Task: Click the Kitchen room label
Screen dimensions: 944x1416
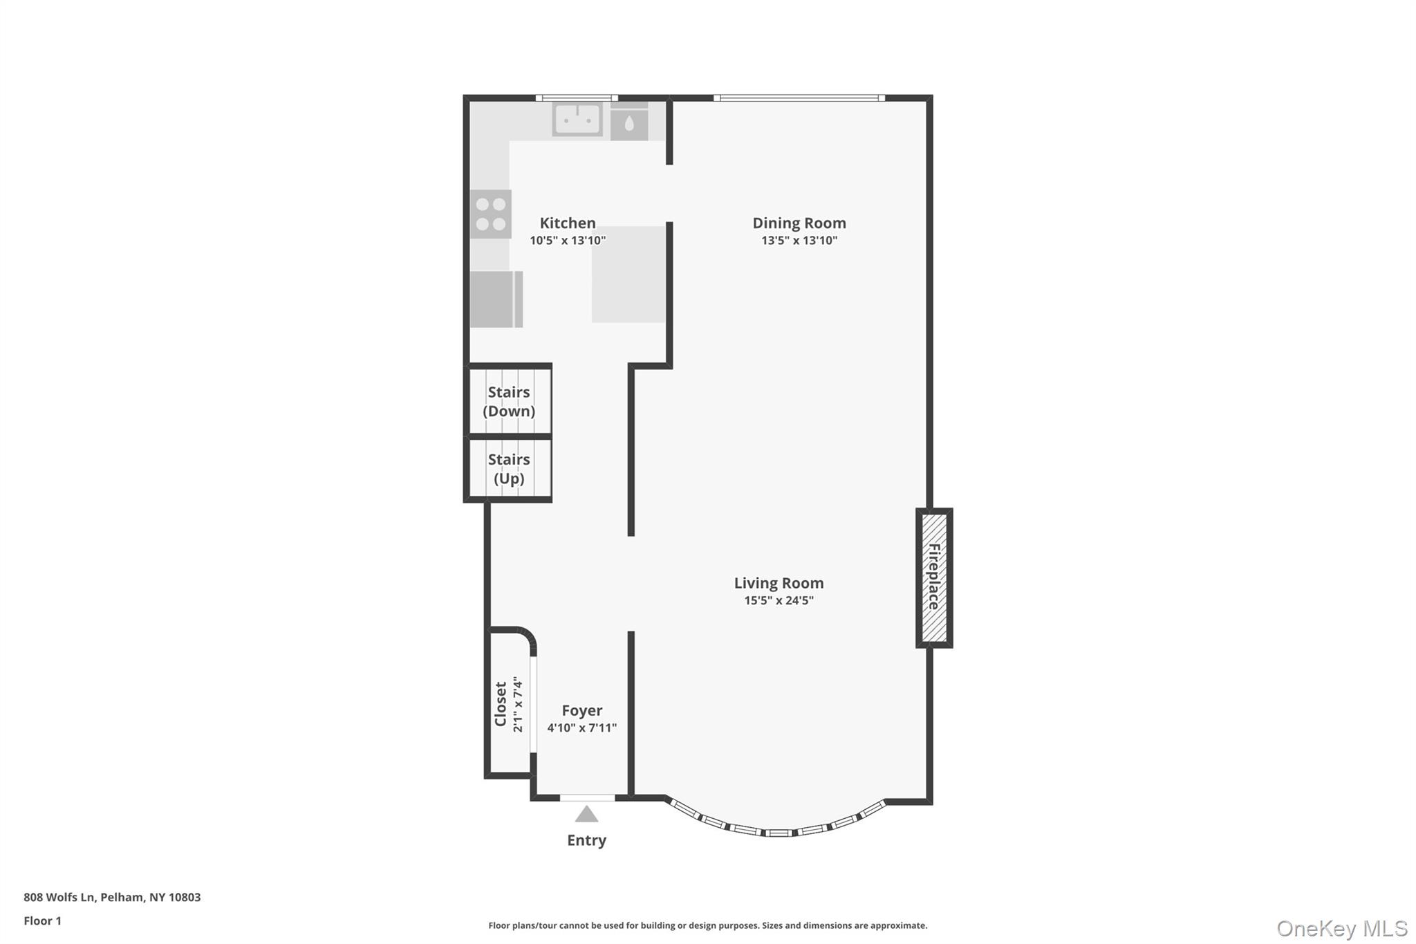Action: click(x=567, y=223)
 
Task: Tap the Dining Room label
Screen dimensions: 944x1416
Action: click(x=799, y=223)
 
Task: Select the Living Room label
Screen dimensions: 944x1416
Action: click(x=779, y=583)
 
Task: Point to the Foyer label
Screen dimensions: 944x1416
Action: click(x=581, y=710)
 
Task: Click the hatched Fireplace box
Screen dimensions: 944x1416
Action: click(x=933, y=577)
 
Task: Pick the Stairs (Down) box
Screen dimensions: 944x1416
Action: click(x=510, y=401)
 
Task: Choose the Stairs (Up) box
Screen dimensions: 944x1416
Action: click(x=510, y=468)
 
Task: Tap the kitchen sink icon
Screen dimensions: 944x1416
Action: click(x=577, y=120)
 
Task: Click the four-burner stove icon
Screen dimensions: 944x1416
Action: click(x=491, y=214)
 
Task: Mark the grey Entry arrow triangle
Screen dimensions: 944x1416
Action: click(x=586, y=815)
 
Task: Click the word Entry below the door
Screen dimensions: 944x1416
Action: click(x=586, y=840)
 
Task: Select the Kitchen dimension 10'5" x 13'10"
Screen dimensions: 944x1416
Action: click(x=567, y=241)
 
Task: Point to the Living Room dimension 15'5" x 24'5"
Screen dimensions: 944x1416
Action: click(x=779, y=600)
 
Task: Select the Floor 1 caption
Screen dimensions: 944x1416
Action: click(x=42, y=920)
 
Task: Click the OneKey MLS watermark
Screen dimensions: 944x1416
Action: click(x=1341, y=928)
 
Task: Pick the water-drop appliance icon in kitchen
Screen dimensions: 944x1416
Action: click(x=629, y=124)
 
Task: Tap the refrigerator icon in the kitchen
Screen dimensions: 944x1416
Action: click(x=496, y=299)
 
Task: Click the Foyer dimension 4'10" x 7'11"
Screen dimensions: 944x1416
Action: click(x=581, y=728)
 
